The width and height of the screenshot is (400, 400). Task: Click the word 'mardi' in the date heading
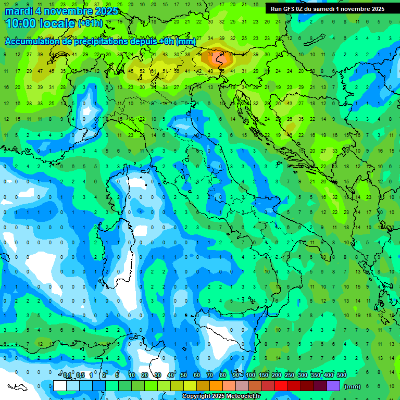tap(19, 11)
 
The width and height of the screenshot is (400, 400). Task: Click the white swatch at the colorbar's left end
tap(60, 385)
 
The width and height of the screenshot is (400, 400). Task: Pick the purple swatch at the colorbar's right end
tap(334, 385)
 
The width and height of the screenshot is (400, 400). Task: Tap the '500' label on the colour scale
tap(342, 376)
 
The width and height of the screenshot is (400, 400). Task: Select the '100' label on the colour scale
tap(251, 376)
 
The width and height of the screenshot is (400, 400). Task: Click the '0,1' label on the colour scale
tap(67, 376)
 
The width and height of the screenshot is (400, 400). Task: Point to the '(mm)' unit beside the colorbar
tap(353, 386)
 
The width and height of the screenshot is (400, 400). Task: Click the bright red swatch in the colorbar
tap(282, 385)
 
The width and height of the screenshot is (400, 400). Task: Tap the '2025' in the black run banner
tap(374, 9)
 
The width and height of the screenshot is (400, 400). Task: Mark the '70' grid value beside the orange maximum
tap(210, 54)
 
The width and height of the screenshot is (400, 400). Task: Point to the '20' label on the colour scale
tap(145, 376)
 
